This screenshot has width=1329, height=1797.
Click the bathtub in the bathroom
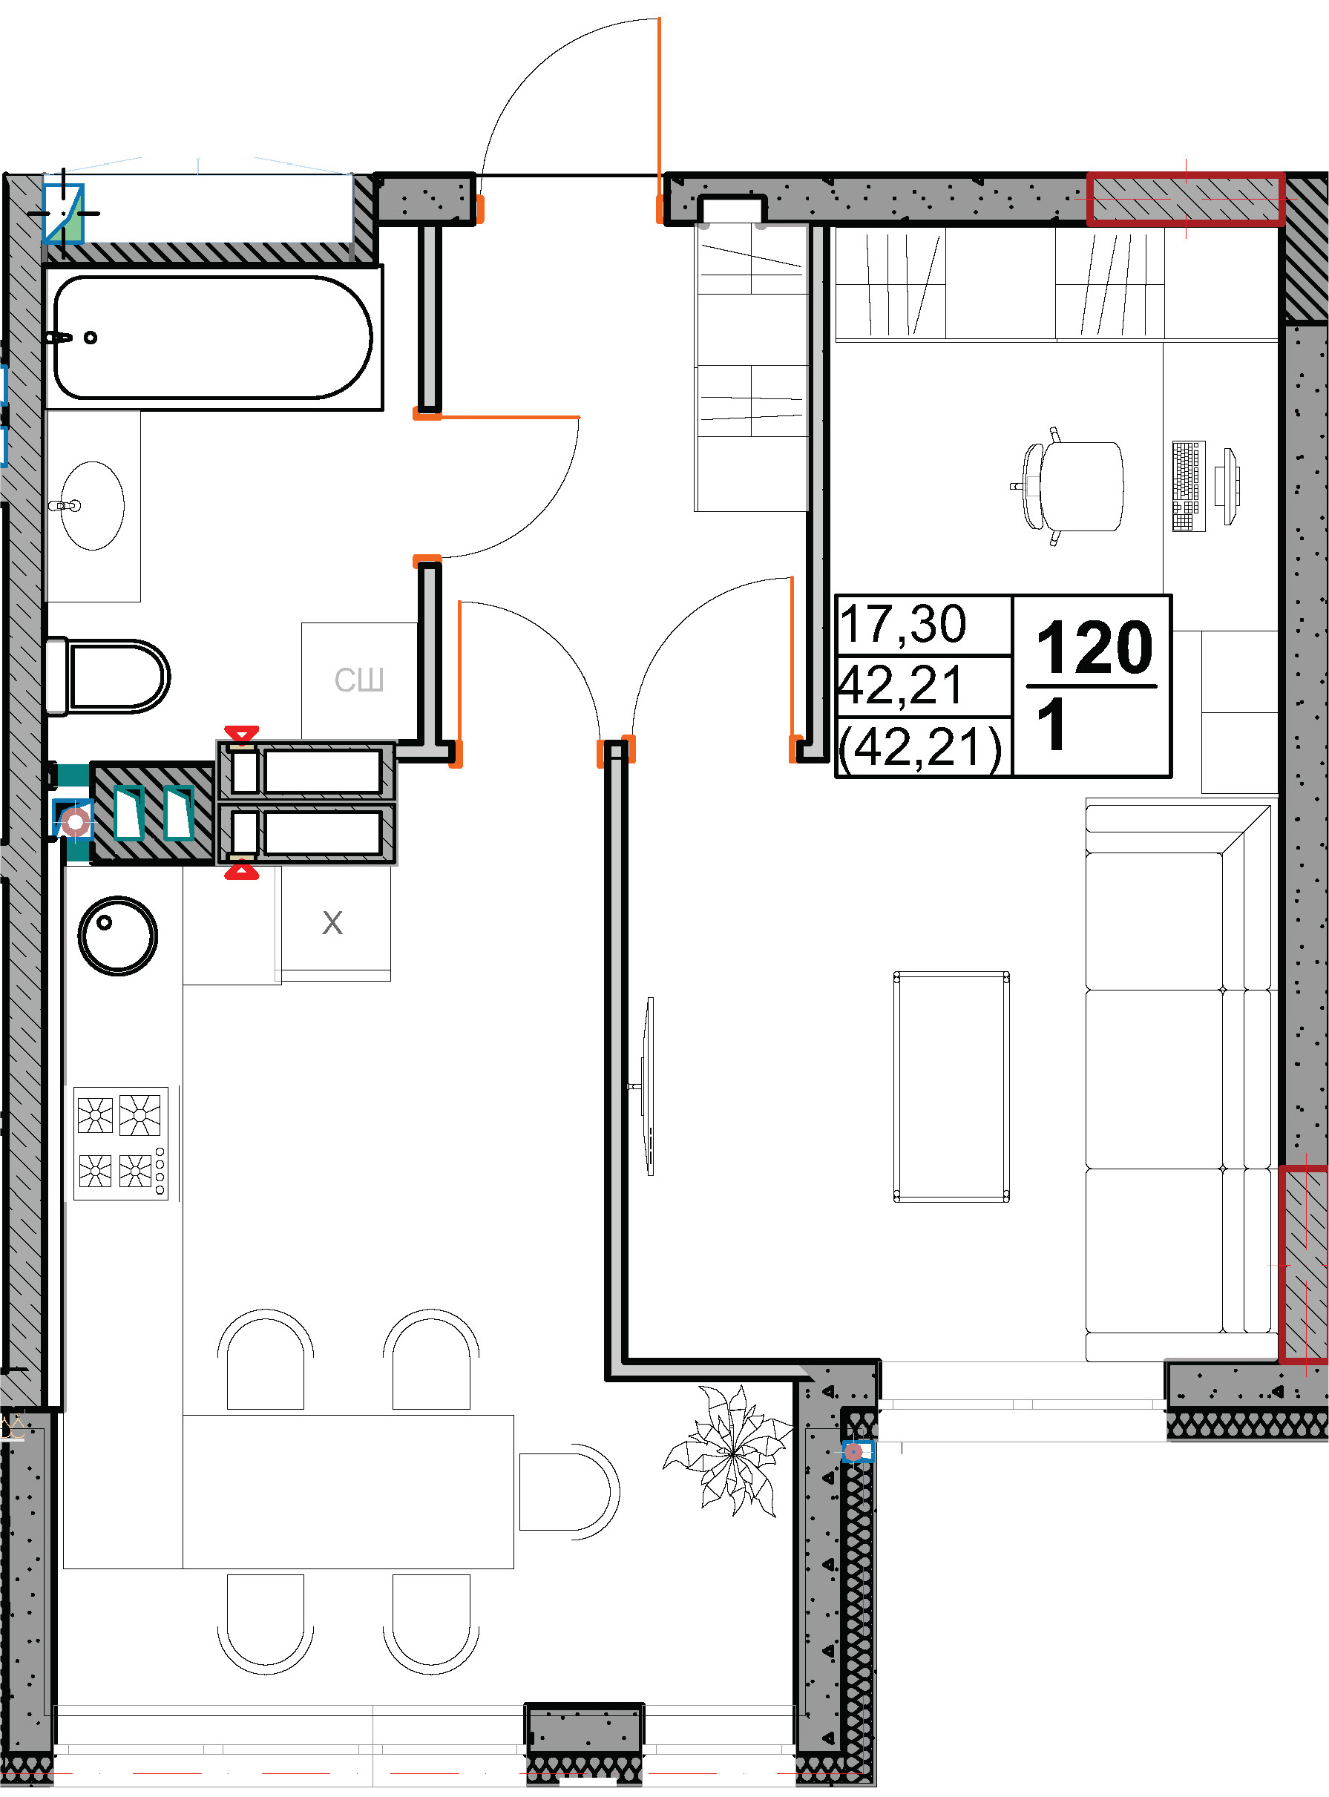213,337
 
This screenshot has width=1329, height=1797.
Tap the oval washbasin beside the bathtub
93,506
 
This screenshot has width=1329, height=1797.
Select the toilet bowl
107,676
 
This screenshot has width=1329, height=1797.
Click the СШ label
359,680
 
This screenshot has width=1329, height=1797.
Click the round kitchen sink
118,936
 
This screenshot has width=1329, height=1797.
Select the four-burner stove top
122,1143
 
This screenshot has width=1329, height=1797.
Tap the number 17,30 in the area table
902,624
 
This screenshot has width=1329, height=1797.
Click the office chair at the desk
1069,486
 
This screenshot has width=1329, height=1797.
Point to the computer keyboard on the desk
1189,486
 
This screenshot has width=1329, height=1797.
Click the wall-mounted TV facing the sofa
648,1087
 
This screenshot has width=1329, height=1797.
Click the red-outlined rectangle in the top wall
1185,199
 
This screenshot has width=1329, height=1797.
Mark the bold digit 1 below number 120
1051,724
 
